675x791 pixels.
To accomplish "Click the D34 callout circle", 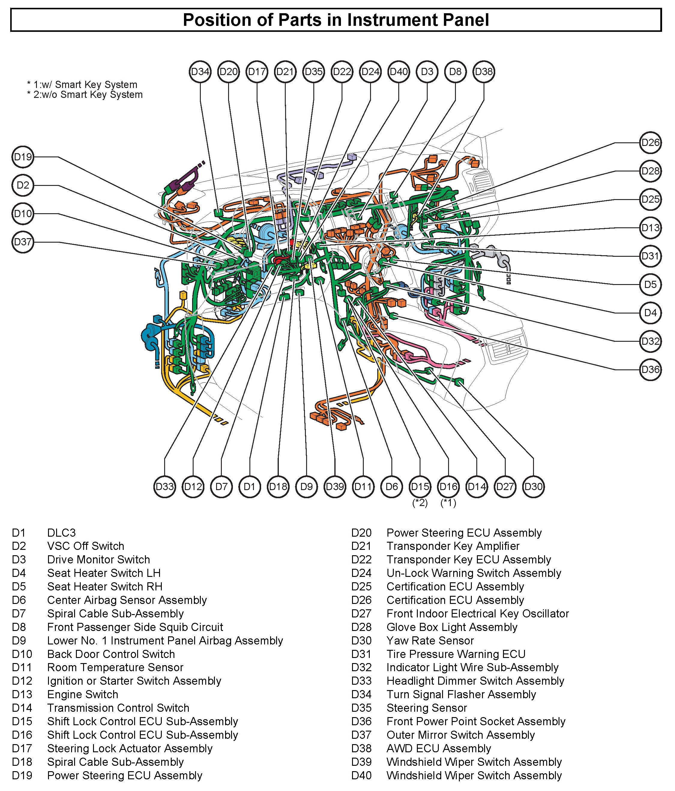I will (200, 71).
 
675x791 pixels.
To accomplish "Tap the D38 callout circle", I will (484, 71).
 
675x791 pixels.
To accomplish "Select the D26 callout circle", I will (650, 143).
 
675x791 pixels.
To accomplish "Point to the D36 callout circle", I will (650, 370).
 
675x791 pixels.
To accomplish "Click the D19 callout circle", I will (23, 157).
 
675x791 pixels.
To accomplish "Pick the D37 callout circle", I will (23, 242).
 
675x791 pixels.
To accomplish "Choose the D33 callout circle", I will (164, 487).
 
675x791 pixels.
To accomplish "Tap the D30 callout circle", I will (533, 487).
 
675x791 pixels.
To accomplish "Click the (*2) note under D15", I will (420, 503).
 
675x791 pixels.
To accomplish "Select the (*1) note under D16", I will (448, 503).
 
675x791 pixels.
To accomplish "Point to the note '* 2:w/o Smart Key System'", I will (85, 95).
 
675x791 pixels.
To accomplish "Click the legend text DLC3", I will (62, 532).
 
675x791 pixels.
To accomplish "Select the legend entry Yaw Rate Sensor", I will (430, 641).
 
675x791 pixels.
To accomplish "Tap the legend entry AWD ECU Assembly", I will (438, 749).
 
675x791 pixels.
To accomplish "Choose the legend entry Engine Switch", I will (83, 694).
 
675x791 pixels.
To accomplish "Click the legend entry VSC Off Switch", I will (86, 546).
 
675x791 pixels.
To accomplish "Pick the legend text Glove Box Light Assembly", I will (452, 627).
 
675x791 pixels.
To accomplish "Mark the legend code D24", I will (361, 573).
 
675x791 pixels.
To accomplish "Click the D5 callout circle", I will (650, 284).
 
